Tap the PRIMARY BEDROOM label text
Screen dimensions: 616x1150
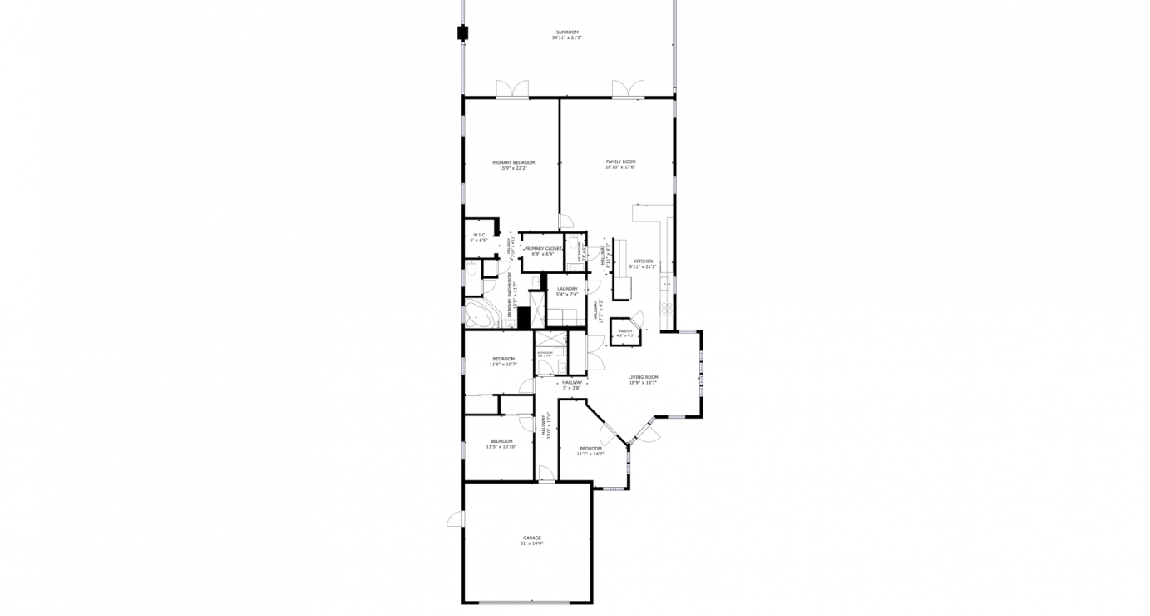coord(513,162)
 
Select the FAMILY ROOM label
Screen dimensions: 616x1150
coord(620,161)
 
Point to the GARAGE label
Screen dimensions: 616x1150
coord(532,538)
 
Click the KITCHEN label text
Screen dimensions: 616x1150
coord(644,261)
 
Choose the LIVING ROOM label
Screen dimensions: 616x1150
coord(643,377)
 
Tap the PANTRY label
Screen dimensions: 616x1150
coord(625,331)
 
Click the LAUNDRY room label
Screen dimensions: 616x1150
coord(567,289)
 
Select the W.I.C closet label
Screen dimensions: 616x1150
coord(479,235)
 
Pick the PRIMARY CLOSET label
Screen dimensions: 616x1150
coord(543,248)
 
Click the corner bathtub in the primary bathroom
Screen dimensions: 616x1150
coord(478,315)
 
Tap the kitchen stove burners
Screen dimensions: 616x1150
coord(666,307)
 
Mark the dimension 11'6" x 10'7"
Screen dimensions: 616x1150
coord(503,364)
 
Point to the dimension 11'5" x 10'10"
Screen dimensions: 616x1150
coord(501,446)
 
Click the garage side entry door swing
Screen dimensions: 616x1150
coord(455,519)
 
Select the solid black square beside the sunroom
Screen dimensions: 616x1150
coord(462,33)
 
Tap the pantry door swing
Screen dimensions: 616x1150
coord(638,318)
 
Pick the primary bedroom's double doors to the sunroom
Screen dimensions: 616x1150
coord(512,89)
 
